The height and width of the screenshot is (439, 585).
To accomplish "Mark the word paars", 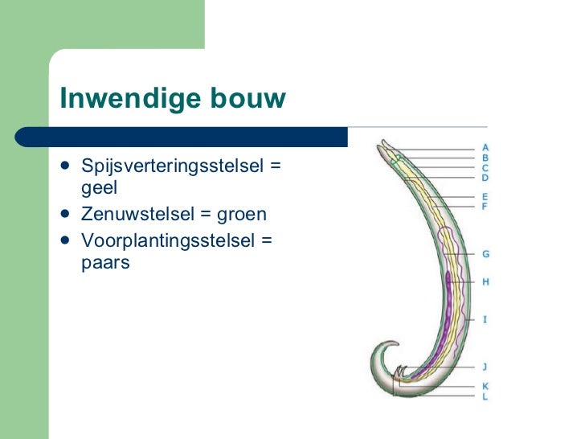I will [105, 262].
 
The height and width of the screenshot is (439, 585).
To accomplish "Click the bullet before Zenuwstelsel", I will [64, 215].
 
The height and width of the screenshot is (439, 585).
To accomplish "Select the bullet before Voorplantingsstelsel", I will [64, 240].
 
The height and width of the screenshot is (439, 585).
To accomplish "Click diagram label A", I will [485, 148].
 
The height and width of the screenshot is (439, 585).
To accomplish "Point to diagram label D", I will [485, 178].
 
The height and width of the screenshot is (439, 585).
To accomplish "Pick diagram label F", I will [485, 207].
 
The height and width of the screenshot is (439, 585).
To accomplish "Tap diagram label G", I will [485, 254].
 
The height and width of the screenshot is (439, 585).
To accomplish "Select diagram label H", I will [485, 282].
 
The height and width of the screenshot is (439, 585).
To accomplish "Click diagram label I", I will [485, 319].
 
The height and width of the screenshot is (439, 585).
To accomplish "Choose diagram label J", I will [485, 367].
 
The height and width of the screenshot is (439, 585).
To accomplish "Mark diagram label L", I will [485, 396].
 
